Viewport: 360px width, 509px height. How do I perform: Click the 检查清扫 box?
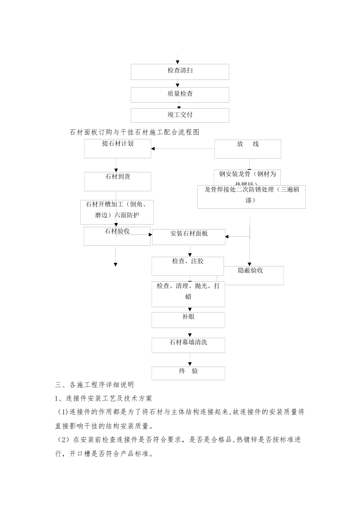pyautogui.click(x=180, y=72)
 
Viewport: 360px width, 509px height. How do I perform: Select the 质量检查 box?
pyautogui.click(x=180, y=95)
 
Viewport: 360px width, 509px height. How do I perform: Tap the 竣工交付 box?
pyautogui.click(x=180, y=115)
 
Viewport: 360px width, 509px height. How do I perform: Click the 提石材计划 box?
pyautogui.click(x=117, y=148)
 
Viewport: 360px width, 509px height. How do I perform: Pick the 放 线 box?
pyautogui.click(x=248, y=149)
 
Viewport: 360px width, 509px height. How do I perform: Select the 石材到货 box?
pyautogui.click(x=117, y=181)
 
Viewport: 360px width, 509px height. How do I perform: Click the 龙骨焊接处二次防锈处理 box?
pyautogui.click(x=251, y=197)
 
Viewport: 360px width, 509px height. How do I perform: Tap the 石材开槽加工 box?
pyautogui.click(x=117, y=212)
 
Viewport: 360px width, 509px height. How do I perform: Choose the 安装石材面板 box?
pyautogui.click(x=189, y=237)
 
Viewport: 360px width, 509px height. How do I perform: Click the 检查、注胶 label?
pyautogui.click(x=188, y=261)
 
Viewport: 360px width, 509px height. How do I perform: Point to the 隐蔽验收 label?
pyautogui.click(x=251, y=270)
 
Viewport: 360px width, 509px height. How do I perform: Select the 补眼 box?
pyautogui.click(x=188, y=320)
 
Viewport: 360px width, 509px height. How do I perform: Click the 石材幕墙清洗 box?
pyautogui.click(x=188, y=345)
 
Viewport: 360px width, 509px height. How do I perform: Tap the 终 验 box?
pyautogui.click(x=188, y=373)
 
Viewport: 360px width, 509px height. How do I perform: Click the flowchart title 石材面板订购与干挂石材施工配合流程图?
pyautogui.click(x=135, y=132)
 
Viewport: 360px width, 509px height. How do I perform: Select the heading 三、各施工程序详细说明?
pyautogui.click(x=94, y=385)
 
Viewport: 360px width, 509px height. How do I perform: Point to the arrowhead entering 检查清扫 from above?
pyautogui.click(x=178, y=62)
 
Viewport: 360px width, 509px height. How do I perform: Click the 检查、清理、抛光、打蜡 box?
pyautogui.click(x=188, y=294)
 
